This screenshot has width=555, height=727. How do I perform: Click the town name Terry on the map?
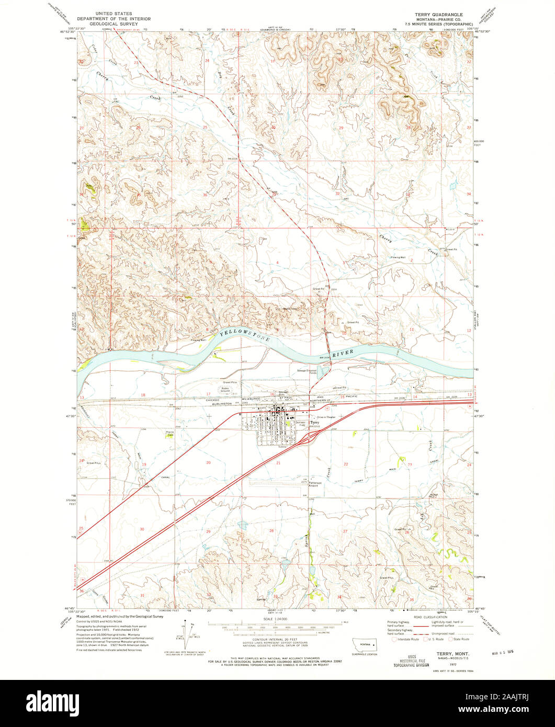(314, 422)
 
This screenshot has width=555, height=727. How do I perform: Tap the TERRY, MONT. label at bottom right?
(449, 654)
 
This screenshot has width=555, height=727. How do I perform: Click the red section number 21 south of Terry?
(278, 463)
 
